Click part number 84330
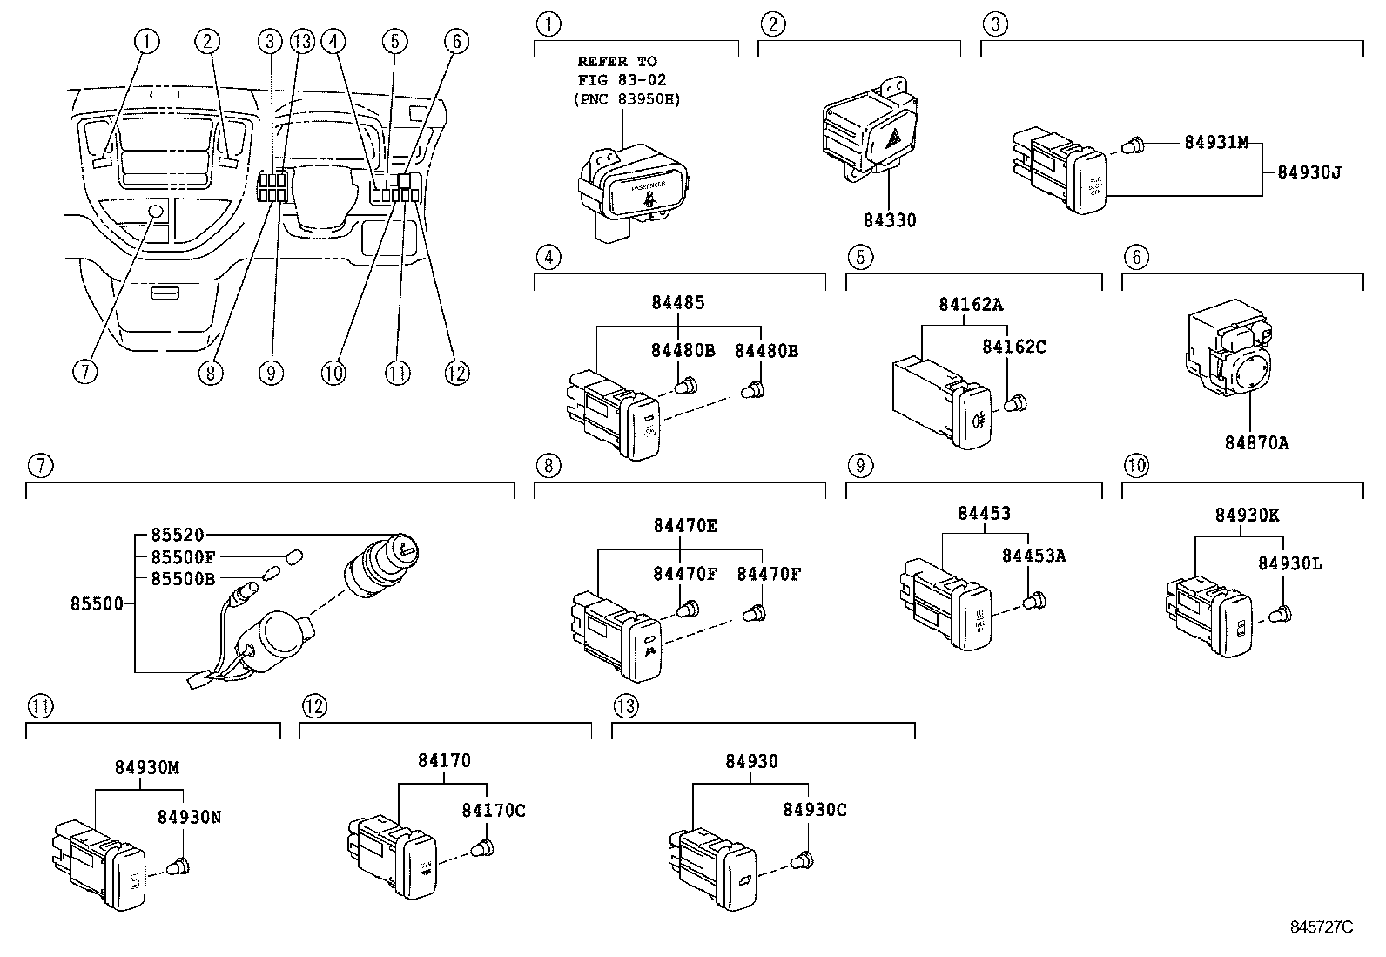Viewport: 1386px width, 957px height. click(888, 220)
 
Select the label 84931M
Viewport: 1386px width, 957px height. click(1216, 143)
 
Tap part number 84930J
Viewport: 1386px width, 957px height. click(1309, 172)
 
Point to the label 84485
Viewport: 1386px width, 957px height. click(677, 303)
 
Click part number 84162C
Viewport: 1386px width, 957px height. click(1013, 347)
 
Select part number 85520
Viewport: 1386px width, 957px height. click(176, 536)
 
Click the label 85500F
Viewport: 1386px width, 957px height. click(183, 556)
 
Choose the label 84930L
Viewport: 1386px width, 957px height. click(1289, 563)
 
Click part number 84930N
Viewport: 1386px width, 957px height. click(189, 817)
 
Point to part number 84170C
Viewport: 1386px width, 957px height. click(493, 811)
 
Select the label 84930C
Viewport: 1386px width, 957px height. click(814, 810)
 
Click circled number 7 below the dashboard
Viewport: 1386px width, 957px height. click(84, 372)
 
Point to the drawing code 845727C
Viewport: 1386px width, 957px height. click(1321, 926)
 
